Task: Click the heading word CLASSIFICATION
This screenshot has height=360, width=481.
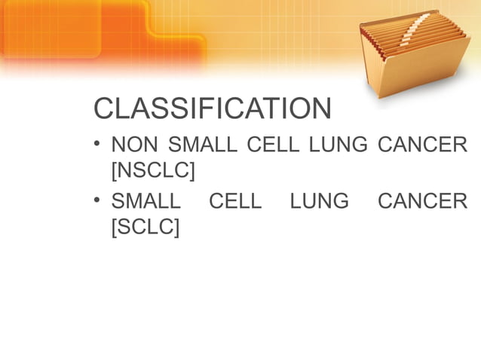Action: [x=212, y=110]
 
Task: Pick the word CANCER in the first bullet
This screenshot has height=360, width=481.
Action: [x=422, y=145]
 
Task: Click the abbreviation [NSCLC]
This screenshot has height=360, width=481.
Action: [x=152, y=170]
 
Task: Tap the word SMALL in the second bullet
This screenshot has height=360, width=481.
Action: [x=146, y=202]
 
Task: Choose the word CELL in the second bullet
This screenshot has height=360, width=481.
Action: [x=234, y=202]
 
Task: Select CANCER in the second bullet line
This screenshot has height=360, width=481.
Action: [x=422, y=202]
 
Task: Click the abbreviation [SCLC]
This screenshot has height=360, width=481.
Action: [x=145, y=227]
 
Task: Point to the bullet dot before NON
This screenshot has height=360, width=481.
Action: [x=98, y=142]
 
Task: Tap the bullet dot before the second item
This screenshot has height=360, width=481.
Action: [x=98, y=200]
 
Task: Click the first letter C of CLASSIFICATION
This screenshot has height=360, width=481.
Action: [x=103, y=110]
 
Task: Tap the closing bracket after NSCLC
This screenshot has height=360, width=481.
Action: [x=191, y=170]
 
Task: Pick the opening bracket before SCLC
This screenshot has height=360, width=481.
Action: [x=114, y=227]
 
